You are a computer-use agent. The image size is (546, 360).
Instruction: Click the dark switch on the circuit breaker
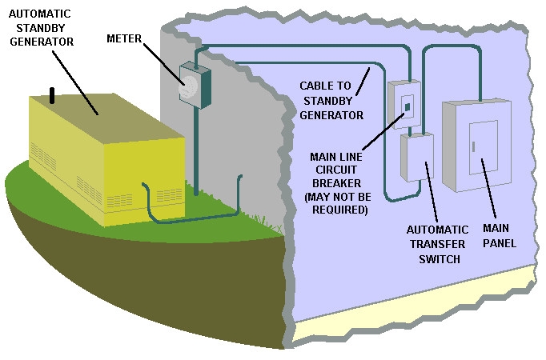(407, 106)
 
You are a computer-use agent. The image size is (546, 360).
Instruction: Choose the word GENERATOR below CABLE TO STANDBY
(331, 114)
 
